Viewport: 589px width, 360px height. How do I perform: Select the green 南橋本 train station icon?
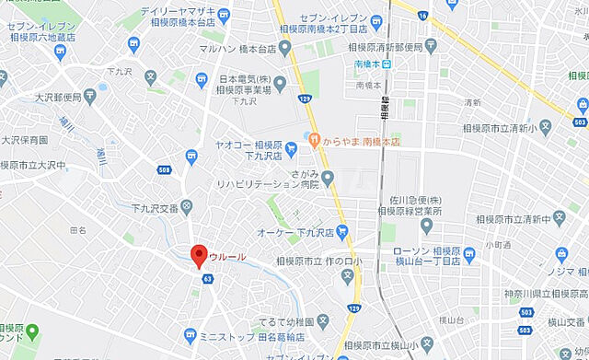click(387, 64)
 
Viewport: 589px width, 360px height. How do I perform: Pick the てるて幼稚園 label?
click(287, 322)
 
